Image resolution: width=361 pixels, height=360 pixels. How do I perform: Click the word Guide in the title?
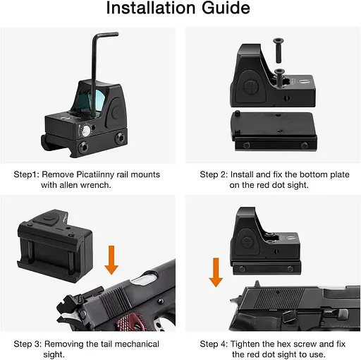click(x=226, y=8)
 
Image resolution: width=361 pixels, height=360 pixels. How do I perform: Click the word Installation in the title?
click(x=151, y=8)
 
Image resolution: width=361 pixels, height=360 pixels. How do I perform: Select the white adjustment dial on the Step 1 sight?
click(x=85, y=131)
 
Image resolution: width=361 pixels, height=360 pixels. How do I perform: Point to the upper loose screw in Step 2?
click(x=279, y=50)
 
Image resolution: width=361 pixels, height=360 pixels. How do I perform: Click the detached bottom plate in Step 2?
click(x=274, y=131)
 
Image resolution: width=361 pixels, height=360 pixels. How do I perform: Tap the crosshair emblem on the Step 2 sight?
click(x=251, y=87)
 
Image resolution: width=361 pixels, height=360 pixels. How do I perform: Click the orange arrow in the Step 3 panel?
click(x=111, y=260)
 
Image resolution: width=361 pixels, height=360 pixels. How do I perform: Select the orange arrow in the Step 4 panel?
click(x=216, y=272)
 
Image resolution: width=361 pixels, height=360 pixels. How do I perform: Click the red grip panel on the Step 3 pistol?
click(x=129, y=321)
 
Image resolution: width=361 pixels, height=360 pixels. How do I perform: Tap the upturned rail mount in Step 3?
click(x=54, y=245)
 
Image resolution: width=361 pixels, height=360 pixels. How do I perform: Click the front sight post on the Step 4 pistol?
click(x=257, y=284)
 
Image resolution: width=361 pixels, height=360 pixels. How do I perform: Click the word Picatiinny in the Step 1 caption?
click(x=102, y=175)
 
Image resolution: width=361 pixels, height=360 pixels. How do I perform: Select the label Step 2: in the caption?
click(x=214, y=175)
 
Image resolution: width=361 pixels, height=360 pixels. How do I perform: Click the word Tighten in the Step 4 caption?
click(x=245, y=344)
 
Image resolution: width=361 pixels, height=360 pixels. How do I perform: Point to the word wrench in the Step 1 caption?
click(x=95, y=185)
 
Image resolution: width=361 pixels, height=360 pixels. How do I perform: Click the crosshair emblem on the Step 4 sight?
click(x=247, y=242)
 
